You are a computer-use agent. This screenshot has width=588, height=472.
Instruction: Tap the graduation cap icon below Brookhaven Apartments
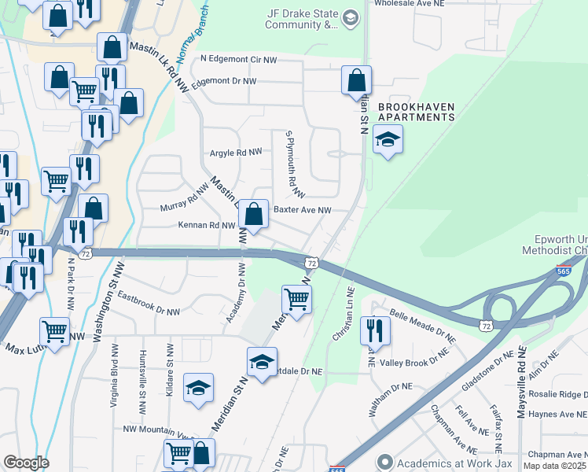point(388,140)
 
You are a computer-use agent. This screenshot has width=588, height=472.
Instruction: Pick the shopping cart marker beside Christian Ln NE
point(296,299)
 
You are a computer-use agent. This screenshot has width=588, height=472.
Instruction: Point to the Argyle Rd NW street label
point(235,153)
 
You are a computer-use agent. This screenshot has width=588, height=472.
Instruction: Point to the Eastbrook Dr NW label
point(149,305)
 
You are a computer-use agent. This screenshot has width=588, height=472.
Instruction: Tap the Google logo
point(25,463)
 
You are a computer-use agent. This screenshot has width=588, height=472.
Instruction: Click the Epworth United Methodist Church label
point(554,245)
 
